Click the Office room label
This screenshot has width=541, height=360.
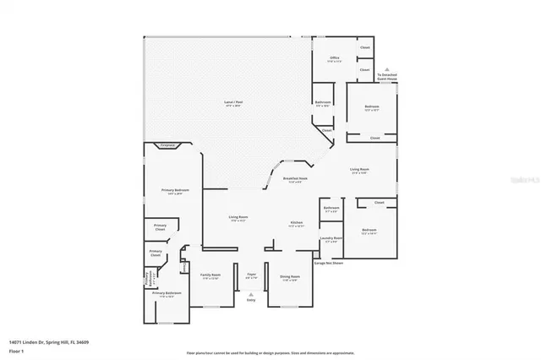tap(334, 58)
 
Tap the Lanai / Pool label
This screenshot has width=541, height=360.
tap(232, 103)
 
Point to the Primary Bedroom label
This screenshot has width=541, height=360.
tap(175, 191)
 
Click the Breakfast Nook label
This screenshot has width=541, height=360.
tap(295, 179)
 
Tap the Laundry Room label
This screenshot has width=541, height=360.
tap(331, 238)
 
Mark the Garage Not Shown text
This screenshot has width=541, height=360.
tap(329, 263)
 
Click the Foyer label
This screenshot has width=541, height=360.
tap(251, 275)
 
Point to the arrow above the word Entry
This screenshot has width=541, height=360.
tap(250, 294)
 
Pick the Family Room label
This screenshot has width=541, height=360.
tap(210, 275)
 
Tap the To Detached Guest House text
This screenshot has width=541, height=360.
tap(387, 77)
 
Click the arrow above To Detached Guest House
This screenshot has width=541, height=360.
tap(387, 68)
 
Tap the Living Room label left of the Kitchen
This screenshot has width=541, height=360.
tap(238, 217)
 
